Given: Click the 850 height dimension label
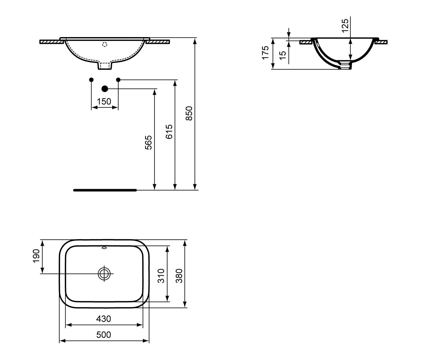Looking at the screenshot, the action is (189, 113).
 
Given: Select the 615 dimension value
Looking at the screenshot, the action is (169, 132).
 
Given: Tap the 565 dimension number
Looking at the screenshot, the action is (148, 143).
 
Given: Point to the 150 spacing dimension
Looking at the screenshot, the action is (104, 102).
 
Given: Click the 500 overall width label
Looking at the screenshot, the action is (104, 335).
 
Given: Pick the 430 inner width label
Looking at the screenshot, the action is (104, 319).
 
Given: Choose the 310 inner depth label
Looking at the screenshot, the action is (161, 276).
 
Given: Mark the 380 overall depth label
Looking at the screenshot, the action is (179, 276).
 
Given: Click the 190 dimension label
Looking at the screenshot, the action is (36, 256).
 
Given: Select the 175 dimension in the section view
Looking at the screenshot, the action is (265, 53).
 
